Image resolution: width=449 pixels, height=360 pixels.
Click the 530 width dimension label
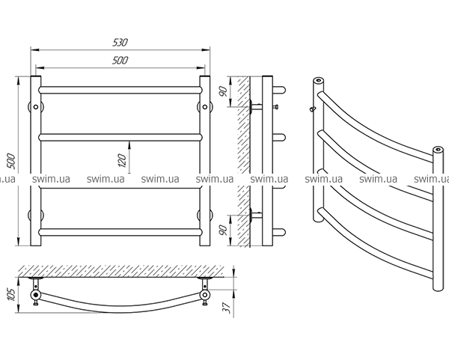click(x=120, y=43)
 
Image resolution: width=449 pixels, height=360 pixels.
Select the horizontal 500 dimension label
click(x=120, y=61)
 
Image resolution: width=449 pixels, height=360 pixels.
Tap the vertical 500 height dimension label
click(x=11, y=161)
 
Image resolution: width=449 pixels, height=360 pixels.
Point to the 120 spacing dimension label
click(x=122, y=161)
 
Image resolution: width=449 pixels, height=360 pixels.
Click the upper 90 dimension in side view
click(x=224, y=91)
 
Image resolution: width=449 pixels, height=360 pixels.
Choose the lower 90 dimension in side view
click(x=224, y=230)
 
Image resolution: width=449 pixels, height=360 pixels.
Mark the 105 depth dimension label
click(x=10, y=295)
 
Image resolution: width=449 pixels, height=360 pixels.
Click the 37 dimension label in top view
click(x=227, y=308)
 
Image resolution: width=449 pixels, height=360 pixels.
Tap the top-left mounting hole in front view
click(x=35, y=107)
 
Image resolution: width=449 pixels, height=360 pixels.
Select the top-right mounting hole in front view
click(x=205, y=107)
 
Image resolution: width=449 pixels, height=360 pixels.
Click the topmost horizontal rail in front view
click(x=120, y=90)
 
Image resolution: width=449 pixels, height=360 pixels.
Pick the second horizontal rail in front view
click(x=120, y=137)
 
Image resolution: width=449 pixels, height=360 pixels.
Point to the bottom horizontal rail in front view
click(x=120, y=232)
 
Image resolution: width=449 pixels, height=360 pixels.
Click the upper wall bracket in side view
click(x=256, y=106)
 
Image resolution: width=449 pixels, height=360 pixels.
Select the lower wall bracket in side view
click(x=256, y=214)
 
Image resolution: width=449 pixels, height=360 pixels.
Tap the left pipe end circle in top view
click(x=35, y=294)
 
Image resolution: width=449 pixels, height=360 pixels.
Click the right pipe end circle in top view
click(x=205, y=294)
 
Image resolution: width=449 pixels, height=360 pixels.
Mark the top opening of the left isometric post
click(x=318, y=80)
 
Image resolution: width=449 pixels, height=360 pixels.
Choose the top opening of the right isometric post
click(x=438, y=149)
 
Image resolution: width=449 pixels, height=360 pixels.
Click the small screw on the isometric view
click(x=312, y=109)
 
